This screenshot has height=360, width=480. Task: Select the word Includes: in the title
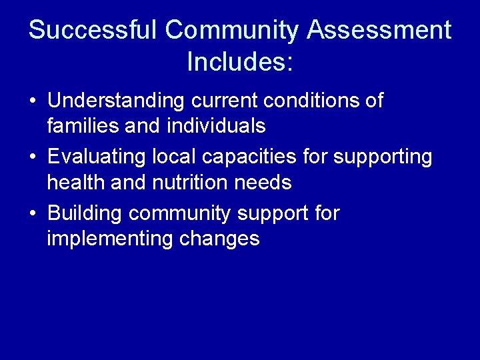point(240,62)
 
